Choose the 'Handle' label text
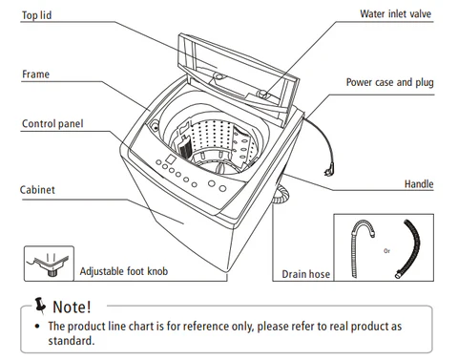click(x=419, y=183)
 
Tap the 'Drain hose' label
click(x=305, y=274)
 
